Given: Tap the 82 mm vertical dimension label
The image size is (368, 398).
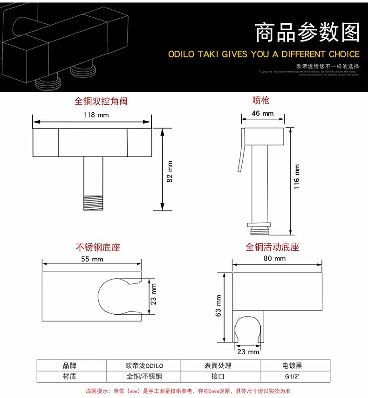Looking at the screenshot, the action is click(170, 171).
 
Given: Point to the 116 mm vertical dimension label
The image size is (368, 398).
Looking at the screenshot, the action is click(297, 177).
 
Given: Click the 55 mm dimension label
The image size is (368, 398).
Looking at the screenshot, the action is click(92, 260).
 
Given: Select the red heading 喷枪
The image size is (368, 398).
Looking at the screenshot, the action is click(261, 100).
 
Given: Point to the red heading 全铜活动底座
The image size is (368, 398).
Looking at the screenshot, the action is click(272, 247).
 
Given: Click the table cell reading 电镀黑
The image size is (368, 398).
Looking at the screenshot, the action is click(295, 366).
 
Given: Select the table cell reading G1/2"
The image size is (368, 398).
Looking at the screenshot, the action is click(295, 377).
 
